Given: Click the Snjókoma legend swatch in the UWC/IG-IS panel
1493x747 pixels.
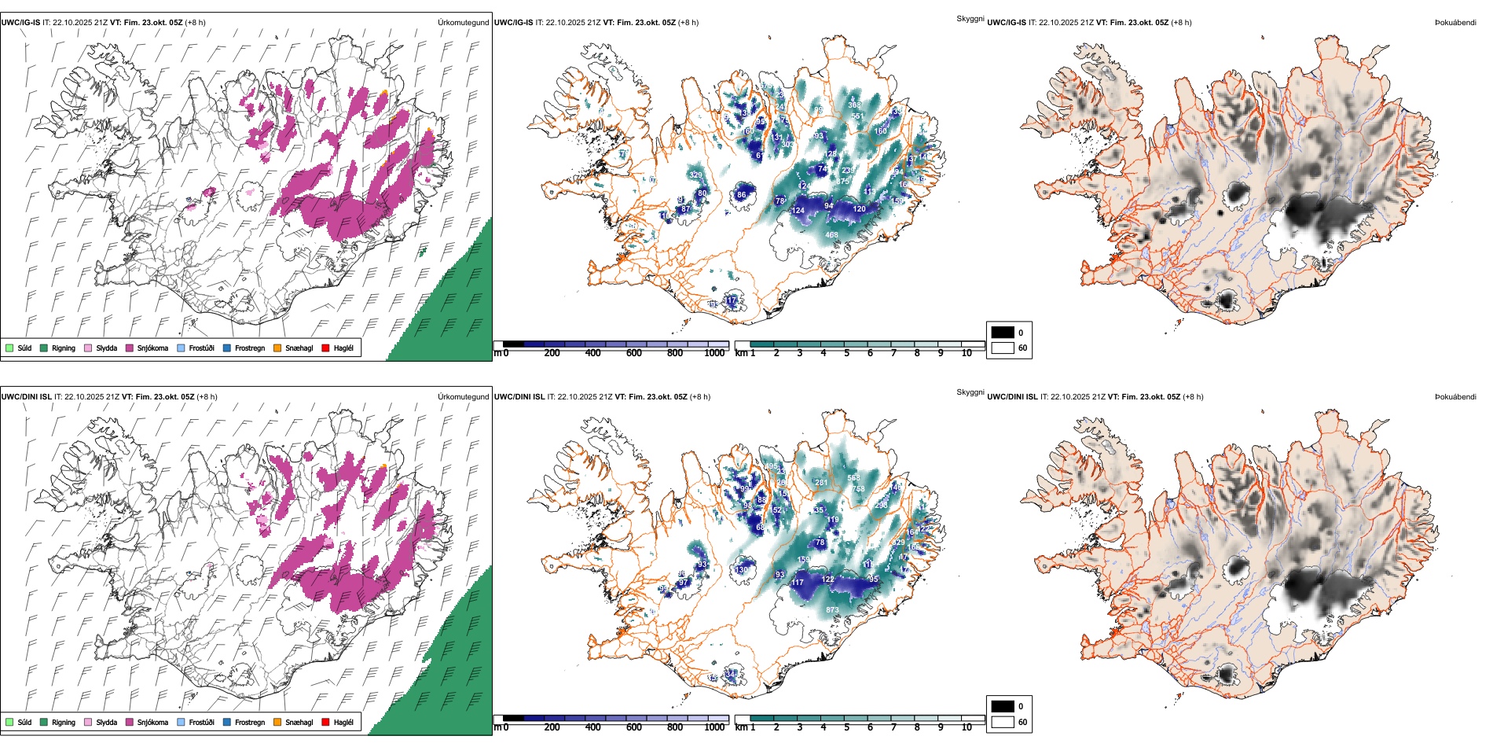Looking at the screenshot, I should pos(130,348).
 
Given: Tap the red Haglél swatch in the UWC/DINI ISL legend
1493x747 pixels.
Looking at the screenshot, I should pos(325,722).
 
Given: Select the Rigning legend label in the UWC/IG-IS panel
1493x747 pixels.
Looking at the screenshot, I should pos(64,348).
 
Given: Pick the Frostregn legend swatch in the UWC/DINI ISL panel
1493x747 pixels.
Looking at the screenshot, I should pos(227,722).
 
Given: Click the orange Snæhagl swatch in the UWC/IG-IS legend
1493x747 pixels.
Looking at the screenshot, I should pos(277,348).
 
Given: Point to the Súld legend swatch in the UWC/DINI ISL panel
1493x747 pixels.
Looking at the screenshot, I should pos(9,722).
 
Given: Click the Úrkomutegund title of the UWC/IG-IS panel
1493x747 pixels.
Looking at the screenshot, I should pos(463,23).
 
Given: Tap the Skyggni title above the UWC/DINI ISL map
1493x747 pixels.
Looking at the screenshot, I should pos(970,392).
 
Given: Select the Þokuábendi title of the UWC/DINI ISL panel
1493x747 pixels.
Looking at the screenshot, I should pos(1455,397).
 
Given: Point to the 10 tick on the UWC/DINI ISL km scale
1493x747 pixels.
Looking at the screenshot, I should pos(967,727).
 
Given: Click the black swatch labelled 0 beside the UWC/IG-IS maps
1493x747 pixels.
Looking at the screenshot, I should pos(1003,333).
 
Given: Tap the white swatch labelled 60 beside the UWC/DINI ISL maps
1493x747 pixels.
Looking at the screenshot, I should pos(1003,722).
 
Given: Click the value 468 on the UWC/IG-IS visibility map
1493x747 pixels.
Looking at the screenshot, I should pos(831,235).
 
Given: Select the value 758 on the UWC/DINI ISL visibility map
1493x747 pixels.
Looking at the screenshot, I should pos(858,489).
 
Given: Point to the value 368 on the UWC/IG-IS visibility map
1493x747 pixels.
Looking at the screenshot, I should pos(854,105).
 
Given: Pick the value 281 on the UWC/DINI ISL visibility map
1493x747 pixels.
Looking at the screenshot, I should pos(821,483).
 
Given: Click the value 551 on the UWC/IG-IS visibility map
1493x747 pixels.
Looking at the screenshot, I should pos(857,116).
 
